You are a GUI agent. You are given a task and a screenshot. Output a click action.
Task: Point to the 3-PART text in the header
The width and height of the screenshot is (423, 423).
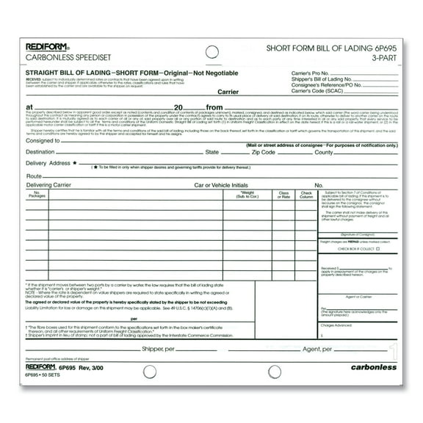pos(397,59)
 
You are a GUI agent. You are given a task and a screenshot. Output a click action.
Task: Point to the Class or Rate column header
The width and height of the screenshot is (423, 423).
pos(283,195)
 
